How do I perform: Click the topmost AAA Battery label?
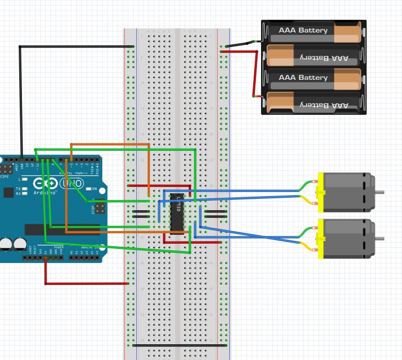(x=303, y=30)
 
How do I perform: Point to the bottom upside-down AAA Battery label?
(x=324, y=105)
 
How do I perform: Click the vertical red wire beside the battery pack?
(x=256, y=74)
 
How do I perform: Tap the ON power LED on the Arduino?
(x=88, y=189)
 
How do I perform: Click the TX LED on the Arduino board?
(x=25, y=188)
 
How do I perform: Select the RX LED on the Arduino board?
(x=25, y=194)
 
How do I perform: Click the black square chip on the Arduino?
(x=8, y=193)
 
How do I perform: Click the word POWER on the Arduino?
(x=58, y=247)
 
